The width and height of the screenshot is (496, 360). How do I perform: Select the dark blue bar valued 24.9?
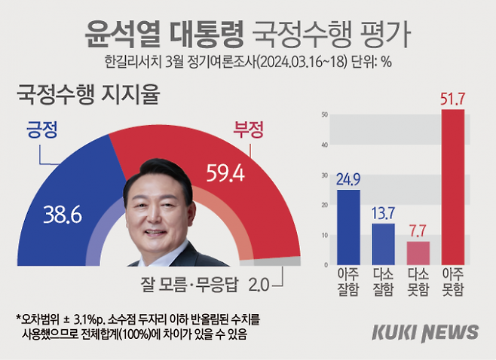tap(348, 226)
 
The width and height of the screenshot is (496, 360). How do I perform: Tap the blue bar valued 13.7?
tap(383, 243)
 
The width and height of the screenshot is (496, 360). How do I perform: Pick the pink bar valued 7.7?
tap(418, 252)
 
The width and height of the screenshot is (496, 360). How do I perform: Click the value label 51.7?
tap(452, 98)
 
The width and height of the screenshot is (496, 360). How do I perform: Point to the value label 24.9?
tap(348, 178)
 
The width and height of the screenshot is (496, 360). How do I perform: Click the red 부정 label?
tap(249, 130)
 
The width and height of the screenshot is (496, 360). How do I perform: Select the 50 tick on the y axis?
tap(324, 114)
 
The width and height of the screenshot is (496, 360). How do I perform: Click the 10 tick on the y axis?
tap(324, 235)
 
